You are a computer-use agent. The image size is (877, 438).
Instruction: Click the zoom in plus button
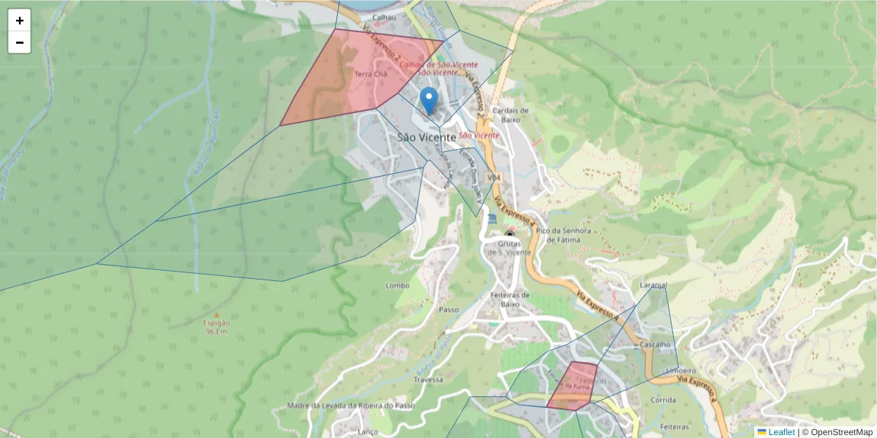20,20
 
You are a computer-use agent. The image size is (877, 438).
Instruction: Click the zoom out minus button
20,42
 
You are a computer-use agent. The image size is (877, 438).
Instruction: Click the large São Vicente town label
427,137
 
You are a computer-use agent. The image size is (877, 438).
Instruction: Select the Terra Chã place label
370,74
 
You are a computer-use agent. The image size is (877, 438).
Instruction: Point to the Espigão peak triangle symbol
216,315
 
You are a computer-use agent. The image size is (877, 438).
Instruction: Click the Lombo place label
398,285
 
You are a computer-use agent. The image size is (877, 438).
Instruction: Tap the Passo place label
449,310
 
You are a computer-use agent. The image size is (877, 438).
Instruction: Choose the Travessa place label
428,380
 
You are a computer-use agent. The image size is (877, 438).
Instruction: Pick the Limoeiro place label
681,371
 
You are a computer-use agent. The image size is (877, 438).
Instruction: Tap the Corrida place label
663,400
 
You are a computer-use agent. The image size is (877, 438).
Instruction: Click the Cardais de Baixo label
511,115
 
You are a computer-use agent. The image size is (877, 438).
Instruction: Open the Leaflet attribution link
781,432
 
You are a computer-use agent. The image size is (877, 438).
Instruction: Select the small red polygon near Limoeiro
572,385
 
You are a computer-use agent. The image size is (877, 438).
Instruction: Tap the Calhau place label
384,17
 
